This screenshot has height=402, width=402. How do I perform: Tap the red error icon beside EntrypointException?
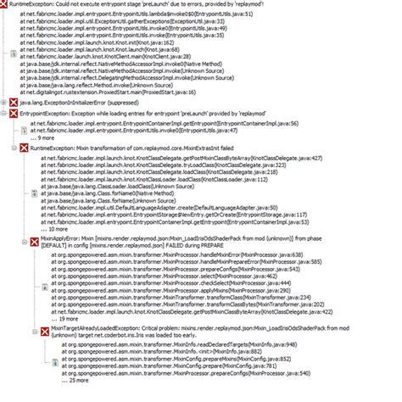click(x=14, y=114)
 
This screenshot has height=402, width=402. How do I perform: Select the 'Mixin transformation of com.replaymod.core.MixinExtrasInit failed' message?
click(x=153, y=148)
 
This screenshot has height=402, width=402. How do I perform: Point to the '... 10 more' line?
click(x=59, y=228)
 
